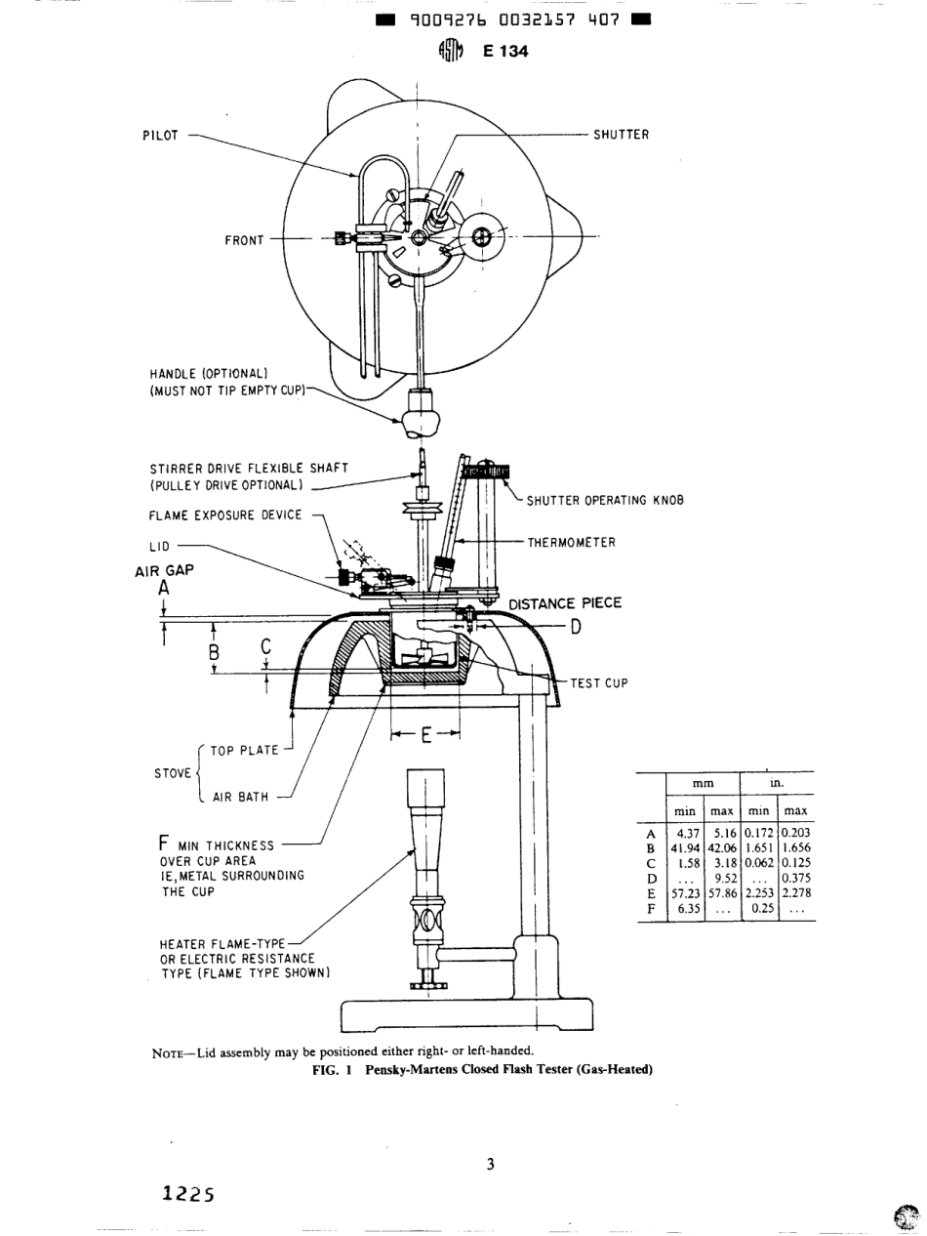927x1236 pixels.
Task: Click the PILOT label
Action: click(x=161, y=136)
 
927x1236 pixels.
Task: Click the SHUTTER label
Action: click(x=621, y=135)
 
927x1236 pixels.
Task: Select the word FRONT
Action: click(x=244, y=240)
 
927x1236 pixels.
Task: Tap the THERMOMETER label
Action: click(x=572, y=543)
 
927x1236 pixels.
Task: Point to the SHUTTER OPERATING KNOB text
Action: click(x=605, y=501)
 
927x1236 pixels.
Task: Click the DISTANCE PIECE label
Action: click(x=565, y=603)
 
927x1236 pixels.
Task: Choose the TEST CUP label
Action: click(x=599, y=683)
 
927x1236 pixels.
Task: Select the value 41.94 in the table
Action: click(x=685, y=848)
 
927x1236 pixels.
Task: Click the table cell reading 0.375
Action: click(x=796, y=878)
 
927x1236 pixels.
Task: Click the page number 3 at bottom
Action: click(x=491, y=1163)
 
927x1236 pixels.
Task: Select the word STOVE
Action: click(x=174, y=774)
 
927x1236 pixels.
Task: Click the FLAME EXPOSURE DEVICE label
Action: click(x=225, y=515)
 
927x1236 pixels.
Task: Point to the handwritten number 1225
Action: click(x=187, y=1193)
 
